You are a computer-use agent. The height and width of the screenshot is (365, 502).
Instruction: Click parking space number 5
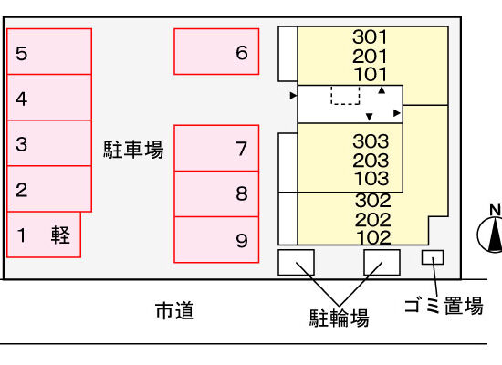(x=49, y=51)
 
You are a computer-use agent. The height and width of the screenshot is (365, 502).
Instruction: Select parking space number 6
(x=216, y=51)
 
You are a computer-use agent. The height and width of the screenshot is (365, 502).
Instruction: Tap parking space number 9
(x=216, y=239)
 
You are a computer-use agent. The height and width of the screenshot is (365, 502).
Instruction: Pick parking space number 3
(x=49, y=143)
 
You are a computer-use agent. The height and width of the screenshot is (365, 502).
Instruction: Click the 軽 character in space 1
(x=60, y=235)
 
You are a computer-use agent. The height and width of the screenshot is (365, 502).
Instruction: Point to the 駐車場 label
(x=133, y=150)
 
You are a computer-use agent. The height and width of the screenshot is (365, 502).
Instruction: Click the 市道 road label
(x=175, y=310)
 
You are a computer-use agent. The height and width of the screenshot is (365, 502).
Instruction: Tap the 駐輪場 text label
(x=339, y=318)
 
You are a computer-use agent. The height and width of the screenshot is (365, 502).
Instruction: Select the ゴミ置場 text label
(x=444, y=305)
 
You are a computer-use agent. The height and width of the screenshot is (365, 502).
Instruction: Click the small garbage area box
(x=433, y=257)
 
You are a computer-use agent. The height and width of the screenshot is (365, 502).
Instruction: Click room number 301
(x=370, y=36)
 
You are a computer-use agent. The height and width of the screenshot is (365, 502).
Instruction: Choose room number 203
(x=371, y=161)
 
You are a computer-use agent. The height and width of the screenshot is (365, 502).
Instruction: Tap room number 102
(x=373, y=237)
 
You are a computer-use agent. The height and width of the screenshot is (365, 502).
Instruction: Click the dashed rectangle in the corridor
(x=345, y=95)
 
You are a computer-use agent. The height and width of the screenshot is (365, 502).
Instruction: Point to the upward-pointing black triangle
(x=382, y=90)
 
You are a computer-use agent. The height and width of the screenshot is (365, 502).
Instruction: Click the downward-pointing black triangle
(x=369, y=117)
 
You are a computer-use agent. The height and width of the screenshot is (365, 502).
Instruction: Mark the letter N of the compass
(x=496, y=210)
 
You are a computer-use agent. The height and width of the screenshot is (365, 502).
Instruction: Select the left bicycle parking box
(x=296, y=262)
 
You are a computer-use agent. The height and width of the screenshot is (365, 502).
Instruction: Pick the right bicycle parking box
(x=382, y=262)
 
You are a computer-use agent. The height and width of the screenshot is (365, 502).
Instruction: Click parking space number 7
(x=216, y=148)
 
